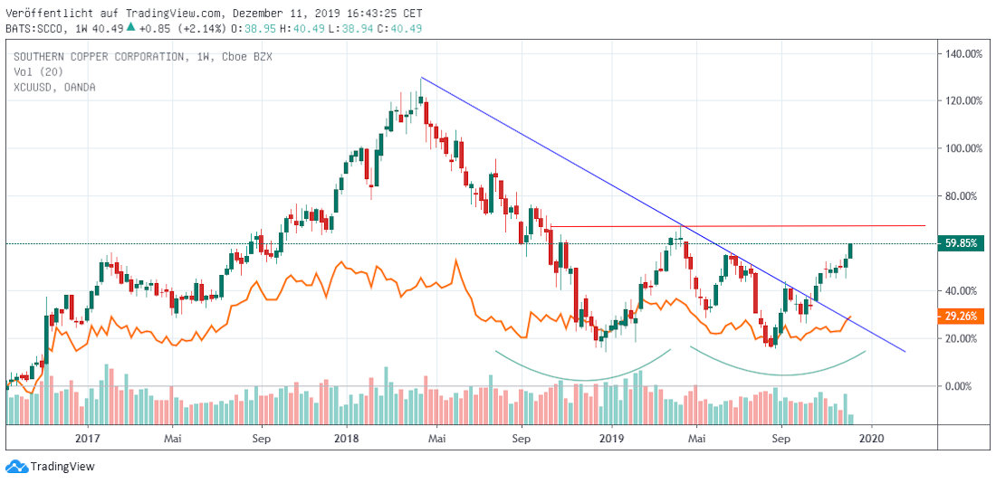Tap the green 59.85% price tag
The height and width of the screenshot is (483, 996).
click(x=961, y=243)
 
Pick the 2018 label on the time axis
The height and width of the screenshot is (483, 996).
click(x=347, y=438)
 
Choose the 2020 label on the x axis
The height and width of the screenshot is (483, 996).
click(x=871, y=438)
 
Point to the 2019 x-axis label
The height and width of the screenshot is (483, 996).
click(x=610, y=438)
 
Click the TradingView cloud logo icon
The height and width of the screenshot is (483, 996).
click(x=20, y=467)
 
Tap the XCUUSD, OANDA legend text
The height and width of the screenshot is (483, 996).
click(x=55, y=88)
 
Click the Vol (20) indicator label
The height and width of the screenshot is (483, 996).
click(x=36, y=72)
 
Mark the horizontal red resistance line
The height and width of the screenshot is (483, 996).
click(x=738, y=226)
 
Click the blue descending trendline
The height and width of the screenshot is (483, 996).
click(x=663, y=213)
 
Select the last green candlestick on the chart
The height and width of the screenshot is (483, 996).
click(x=850, y=251)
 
